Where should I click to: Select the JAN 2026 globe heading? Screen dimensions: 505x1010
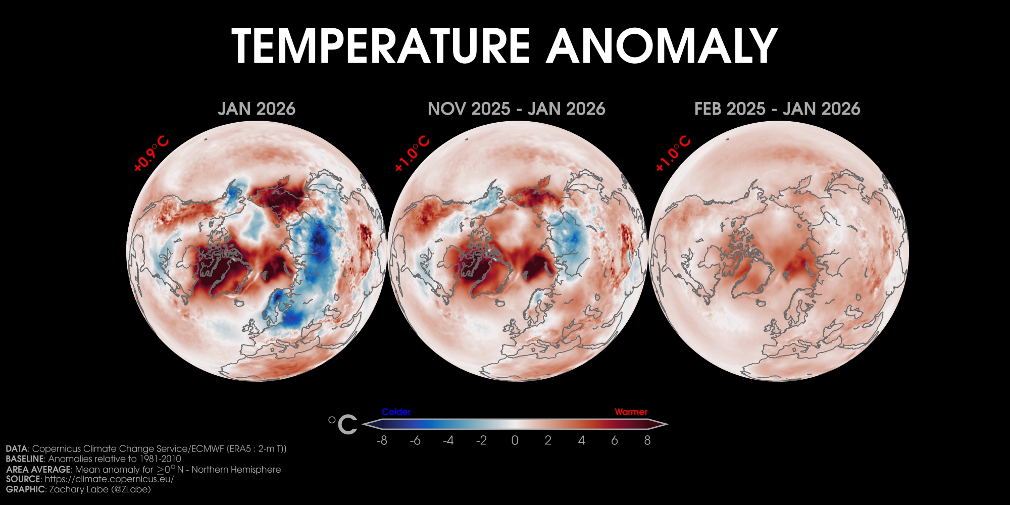click(257, 109)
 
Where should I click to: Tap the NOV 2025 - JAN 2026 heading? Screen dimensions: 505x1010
click(516, 109)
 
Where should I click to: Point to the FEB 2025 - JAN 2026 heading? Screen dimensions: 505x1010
click(777, 109)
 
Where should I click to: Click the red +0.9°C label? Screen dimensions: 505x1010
click(151, 154)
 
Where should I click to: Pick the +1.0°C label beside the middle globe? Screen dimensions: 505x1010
click(412, 154)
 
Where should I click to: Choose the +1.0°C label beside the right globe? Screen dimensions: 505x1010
click(673, 154)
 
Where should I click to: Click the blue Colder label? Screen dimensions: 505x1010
click(396, 412)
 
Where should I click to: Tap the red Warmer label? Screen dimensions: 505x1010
click(631, 412)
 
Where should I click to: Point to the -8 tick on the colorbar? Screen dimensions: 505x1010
click(382, 441)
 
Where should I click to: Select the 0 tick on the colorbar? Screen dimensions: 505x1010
click(515, 441)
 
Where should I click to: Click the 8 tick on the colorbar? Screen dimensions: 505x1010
click(647, 441)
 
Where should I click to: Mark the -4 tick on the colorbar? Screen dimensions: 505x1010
click(448, 441)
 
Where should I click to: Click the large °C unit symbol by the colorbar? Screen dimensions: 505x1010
click(343, 424)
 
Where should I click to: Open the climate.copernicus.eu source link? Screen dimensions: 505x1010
click(109, 479)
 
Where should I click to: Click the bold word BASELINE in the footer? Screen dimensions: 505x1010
click(25, 459)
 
